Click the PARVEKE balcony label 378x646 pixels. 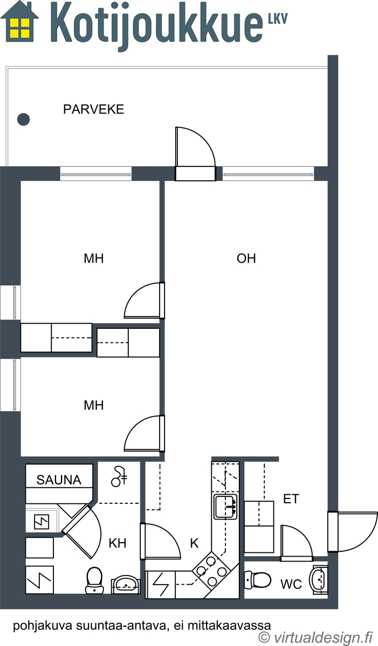pyautogui.click(x=94, y=110)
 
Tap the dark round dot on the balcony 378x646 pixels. pyautogui.click(x=23, y=119)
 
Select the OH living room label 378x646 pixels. pyautogui.click(x=246, y=258)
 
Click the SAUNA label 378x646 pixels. pyautogui.click(x=59, y=480)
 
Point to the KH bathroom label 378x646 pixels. pyautogui.click(x=118, y=543)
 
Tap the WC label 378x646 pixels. pyautogui.click(x=291, y=584)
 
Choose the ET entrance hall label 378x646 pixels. pyautogui.click(x=291, y=499)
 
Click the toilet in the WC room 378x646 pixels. pyautogui.click(x=258, y=580)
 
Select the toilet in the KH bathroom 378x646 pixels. pyautogui.click(x=94, y=580)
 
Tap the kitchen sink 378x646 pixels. pyautogui.click(x=225, y=507)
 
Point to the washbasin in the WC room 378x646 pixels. pyautogui.click(x=319, y=579)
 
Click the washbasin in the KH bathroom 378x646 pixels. pyautogui.click(x=125, y=584)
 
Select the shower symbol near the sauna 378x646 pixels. pyautogui.click(x=119, y=476)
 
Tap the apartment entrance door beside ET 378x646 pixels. pyautogui.click(x=353, y=531)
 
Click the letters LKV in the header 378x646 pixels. pyautogui.click(x=278, y=18)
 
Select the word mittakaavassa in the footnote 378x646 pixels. pyautogui.click(x=229, y=625)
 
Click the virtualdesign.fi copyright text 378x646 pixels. pyautogui.click(x=315, y=637)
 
